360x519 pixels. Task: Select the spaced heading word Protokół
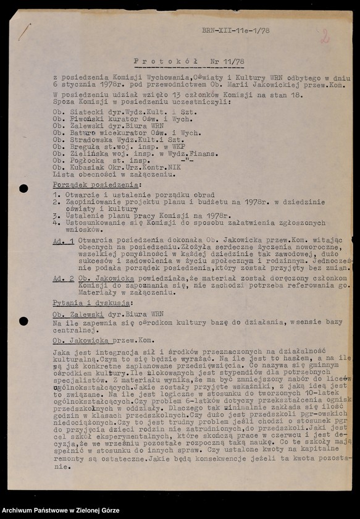[157, 62]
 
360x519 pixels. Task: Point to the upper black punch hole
[23, 188]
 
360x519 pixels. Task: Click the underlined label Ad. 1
[63, 241]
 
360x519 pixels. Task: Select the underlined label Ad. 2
[63, 278]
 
